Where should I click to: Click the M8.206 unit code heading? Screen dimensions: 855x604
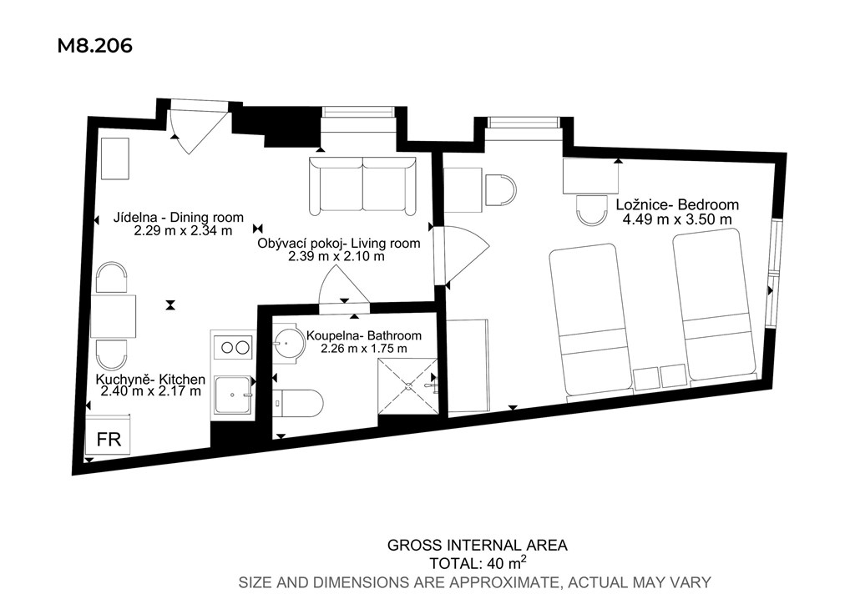tap(95, 46)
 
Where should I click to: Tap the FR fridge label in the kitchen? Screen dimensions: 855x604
tap(109, 439)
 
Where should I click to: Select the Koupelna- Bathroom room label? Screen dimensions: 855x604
tap(364, 336)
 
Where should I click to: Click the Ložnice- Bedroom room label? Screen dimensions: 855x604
tap(677, 204)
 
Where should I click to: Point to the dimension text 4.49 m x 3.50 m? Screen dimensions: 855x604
tap(677, 219)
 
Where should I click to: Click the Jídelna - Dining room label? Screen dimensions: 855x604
tap(179, 218)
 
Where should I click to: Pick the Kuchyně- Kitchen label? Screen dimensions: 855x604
tap(150, 380)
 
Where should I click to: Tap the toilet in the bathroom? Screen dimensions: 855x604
tap(297, 404)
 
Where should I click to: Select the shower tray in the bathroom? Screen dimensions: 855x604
tap(407, 386)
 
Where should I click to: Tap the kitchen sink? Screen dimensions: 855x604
tap(234, 395)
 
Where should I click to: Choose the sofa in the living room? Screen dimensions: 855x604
tap(362, 185)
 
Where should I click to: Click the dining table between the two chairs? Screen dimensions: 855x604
tap(114, 316)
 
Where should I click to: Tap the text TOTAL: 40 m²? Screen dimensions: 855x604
tap(478, 561)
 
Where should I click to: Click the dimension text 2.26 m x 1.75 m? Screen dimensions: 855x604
tap(364, 349)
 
